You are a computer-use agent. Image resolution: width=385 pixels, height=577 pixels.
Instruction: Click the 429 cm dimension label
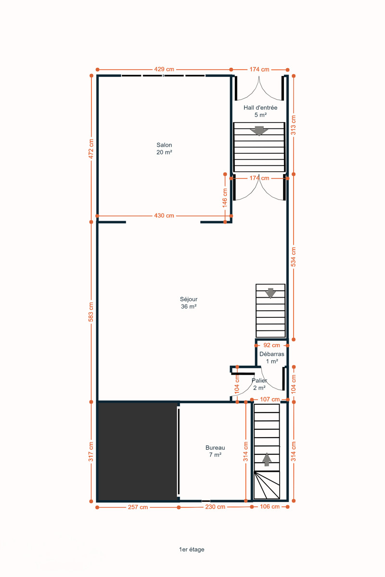(x=164, y=69)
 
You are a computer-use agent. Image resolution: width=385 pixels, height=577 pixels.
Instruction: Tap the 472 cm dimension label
(x=91, y=149)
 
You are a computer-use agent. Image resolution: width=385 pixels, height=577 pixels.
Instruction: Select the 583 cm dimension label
(x=91, y=312)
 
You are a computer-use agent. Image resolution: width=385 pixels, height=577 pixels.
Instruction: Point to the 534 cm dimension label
(x=294, y=257)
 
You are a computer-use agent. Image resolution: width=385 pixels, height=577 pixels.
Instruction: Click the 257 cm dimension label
(x=138, y=507)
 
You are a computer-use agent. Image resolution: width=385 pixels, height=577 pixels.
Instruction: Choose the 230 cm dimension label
(x=215, y=507)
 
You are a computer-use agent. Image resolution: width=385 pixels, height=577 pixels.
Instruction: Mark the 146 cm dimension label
(x=225, y=198)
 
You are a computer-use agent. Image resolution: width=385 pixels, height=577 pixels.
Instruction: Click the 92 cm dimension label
(x=272, y=345)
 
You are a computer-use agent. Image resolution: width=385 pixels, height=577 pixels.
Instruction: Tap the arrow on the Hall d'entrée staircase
(x=259, y=131)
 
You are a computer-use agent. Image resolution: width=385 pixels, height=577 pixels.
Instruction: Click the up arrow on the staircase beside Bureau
(x=267, y=460)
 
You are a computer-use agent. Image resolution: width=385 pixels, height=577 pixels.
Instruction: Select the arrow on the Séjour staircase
(x=270, y=293)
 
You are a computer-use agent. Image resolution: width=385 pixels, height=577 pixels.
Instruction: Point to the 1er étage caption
(x=192, y=550)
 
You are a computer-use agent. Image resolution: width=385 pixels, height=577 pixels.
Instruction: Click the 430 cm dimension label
(x=164, y=215)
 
